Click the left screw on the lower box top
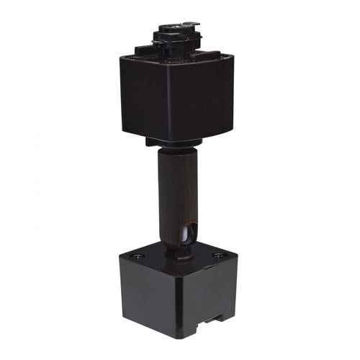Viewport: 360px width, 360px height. coord(136,257)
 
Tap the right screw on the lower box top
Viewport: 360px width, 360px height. coord(218,255)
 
